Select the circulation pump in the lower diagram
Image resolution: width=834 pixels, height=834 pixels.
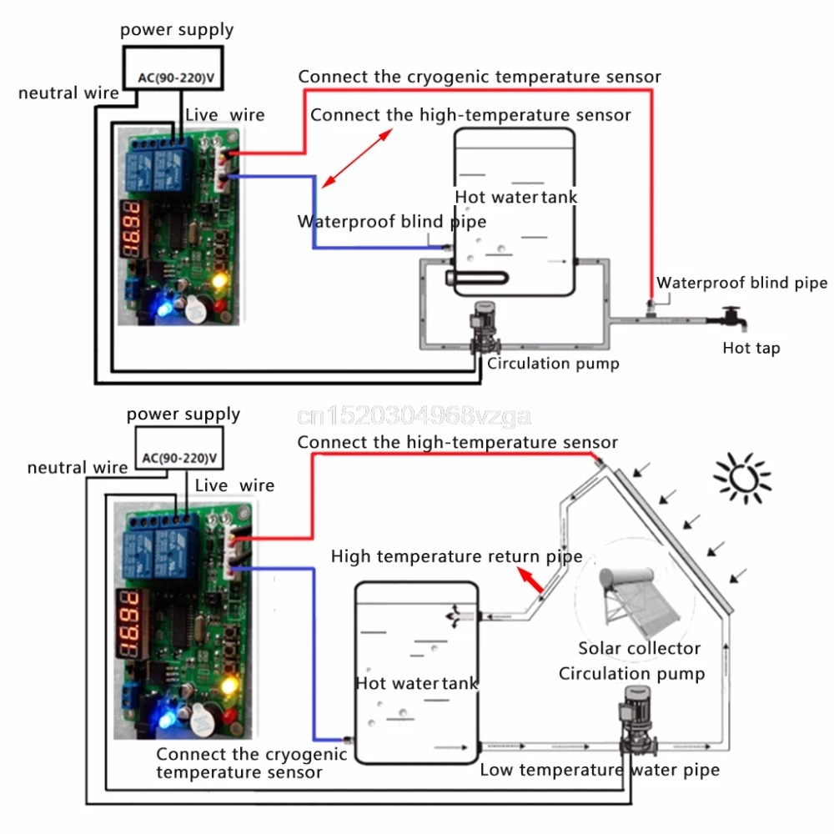point(631,721)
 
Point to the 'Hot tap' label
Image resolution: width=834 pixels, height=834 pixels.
point(751,348)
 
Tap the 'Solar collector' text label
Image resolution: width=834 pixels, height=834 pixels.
point(639,648)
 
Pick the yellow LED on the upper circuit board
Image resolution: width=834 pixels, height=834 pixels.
point(220,280)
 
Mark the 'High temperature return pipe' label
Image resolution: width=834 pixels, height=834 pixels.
point(456,555)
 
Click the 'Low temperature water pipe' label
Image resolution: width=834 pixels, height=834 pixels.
point(599,770)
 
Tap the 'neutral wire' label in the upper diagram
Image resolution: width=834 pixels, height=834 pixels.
point(68,93)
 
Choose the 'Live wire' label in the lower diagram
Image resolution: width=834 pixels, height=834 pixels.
point(234,485)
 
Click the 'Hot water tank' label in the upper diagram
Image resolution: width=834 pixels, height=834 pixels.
point(515,198)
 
